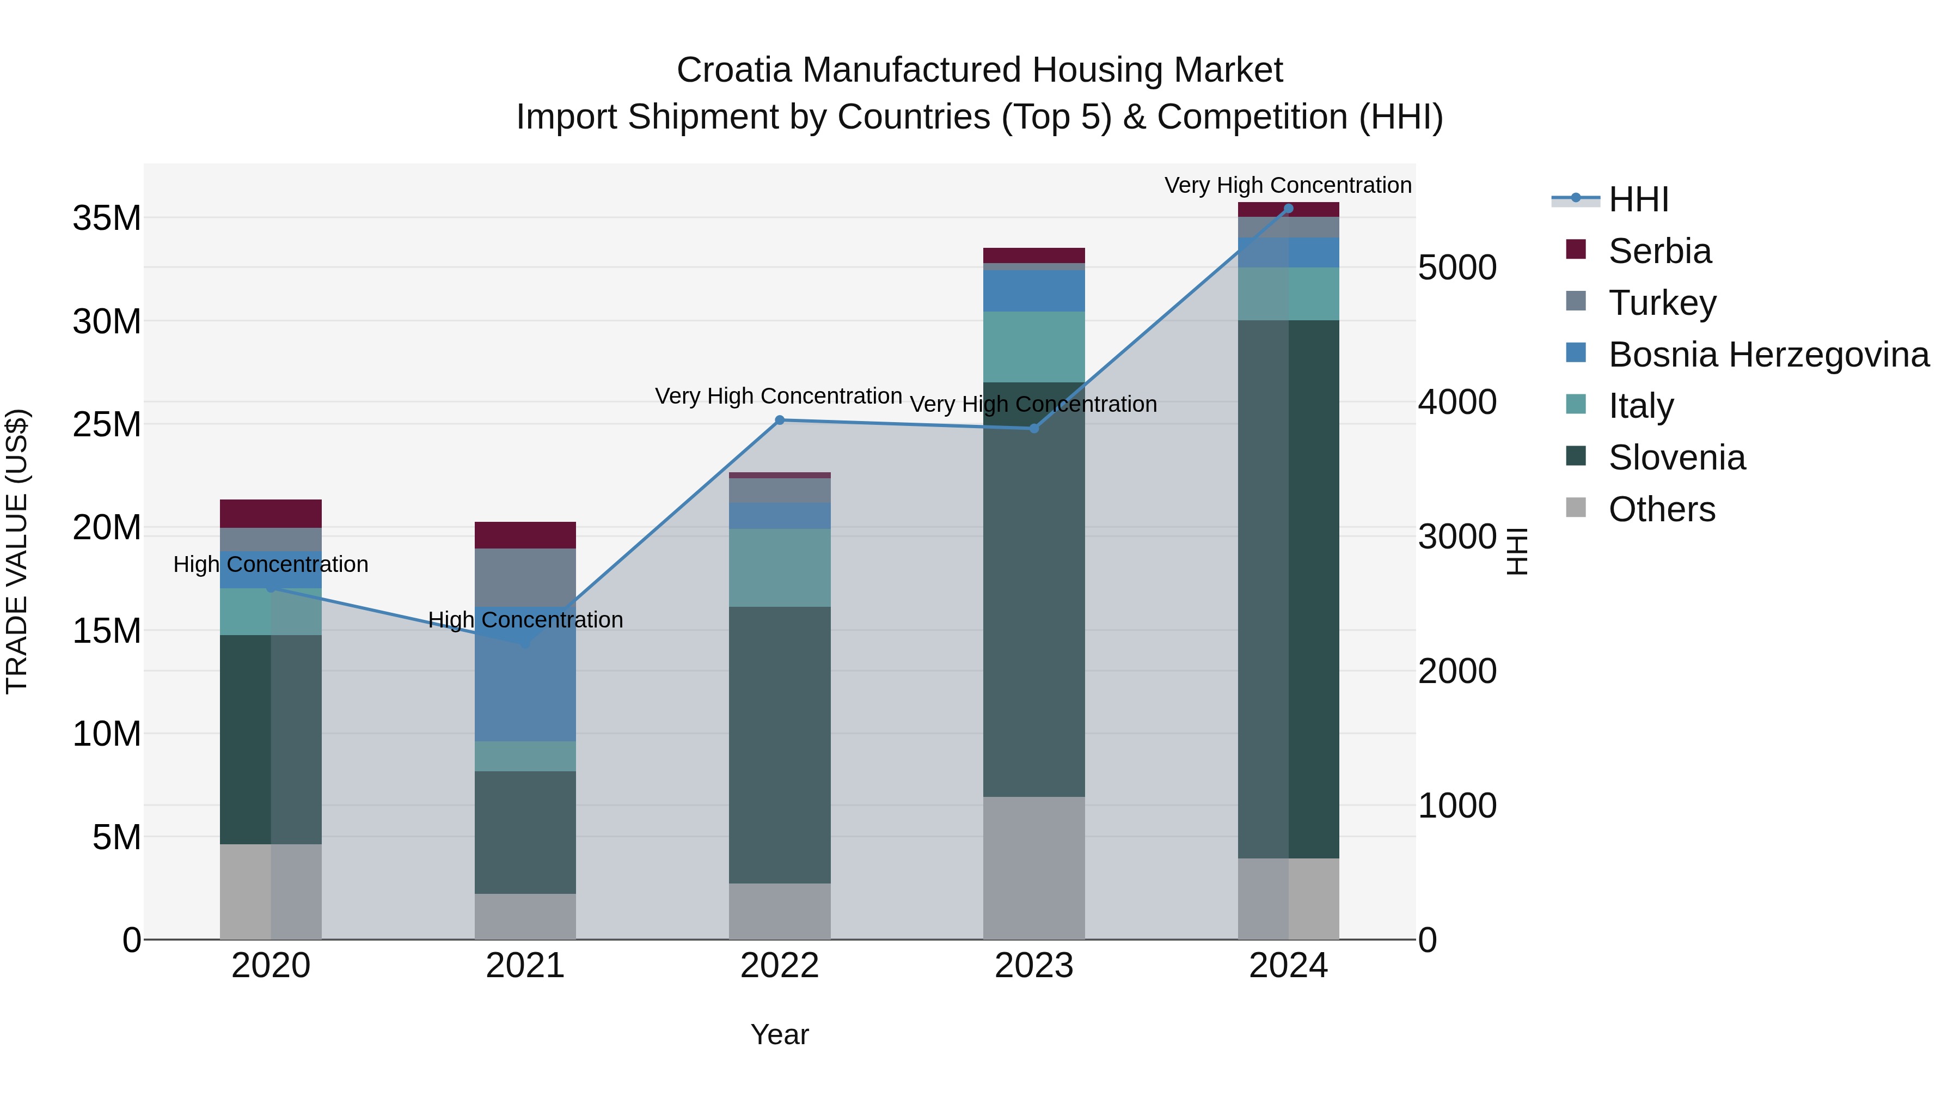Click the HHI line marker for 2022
[779, 420]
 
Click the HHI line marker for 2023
[1034, 429]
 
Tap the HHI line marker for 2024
[1288, 209]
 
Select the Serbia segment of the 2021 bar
[525, 535]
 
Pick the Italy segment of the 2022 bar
[779, 567]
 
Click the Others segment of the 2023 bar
[1034, 868]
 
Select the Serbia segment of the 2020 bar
[271, 514]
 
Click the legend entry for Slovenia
[1676, 458]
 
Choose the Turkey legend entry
[1662, 303]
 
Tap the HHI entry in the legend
[1638, 199]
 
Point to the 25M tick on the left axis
[107, 424]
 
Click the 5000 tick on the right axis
[1457, 267]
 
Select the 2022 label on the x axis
[779, 966]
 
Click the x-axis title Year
[779, 1034]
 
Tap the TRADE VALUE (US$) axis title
[17, 551]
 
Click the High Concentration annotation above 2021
[525, 620]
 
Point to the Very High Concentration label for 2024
[1288, 185]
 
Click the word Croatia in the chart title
[733, 70]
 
